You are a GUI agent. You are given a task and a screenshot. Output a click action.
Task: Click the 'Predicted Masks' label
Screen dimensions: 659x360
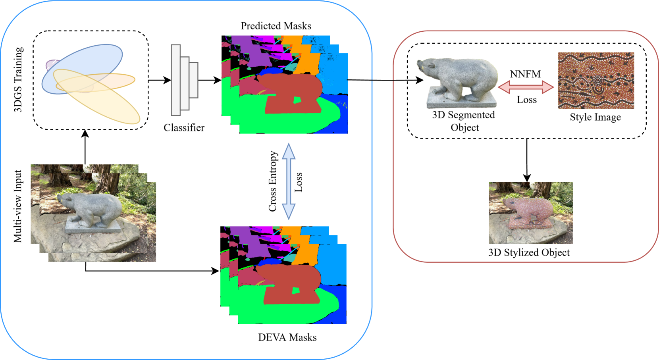(276, 26)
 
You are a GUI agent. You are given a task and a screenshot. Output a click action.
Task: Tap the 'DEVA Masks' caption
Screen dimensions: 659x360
(287, 337)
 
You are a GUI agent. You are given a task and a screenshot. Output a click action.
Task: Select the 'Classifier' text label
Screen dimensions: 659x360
(184, 128)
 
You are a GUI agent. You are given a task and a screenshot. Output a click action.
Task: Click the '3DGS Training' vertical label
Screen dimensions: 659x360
(18, 79)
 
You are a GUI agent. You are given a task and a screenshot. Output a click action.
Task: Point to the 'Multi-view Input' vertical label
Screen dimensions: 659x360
(17, 206)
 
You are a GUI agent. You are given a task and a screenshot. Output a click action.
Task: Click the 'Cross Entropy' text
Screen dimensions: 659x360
(273, 181)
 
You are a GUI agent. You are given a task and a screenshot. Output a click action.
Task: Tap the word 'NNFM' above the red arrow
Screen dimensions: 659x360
(526, 74)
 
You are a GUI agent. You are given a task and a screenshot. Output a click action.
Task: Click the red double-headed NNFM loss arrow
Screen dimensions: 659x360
(526, 87)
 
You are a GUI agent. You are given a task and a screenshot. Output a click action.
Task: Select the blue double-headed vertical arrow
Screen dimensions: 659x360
(289, 181)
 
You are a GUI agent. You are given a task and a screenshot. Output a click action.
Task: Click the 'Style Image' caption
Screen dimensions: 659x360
(595, 117)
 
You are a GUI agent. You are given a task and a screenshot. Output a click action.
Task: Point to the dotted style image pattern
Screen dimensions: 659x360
(596, 81)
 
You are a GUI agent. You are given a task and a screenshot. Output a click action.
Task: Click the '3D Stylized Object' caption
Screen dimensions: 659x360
(529, 252)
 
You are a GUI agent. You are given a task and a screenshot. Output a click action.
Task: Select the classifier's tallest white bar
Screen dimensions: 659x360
(175, 80)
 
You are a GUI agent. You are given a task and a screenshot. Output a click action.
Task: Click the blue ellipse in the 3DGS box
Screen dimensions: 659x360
(82, 69)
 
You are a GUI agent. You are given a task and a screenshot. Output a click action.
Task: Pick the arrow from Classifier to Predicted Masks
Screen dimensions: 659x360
(210, 80)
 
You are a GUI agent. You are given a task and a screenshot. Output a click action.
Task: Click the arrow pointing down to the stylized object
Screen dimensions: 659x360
(527, 160)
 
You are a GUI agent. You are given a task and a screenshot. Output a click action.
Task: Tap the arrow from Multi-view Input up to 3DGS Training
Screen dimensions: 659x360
(85, 147)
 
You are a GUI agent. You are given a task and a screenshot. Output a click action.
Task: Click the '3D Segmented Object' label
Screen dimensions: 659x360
(464, 121)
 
